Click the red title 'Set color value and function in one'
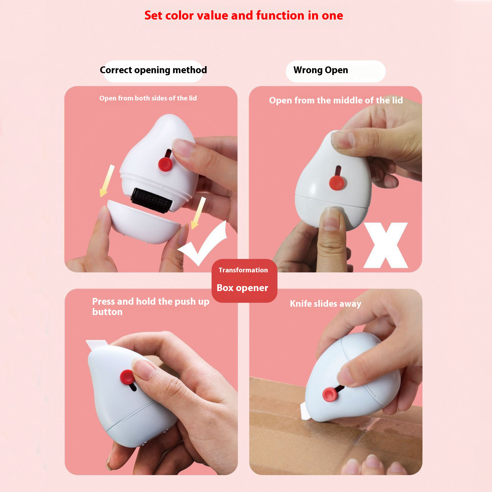click(x=243, y=15)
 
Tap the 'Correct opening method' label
click(x=153, y=70)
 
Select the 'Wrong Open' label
click(x=321, y=70)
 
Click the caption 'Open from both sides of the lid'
click(x=148, y=98)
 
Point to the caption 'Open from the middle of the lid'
click(x=336, y=100)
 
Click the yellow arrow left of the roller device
click(x=107, y=181)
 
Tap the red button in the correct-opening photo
click(x=165, y=164)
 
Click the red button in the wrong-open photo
click(x=337, y=182)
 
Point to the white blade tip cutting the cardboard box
click(x=305, y=412)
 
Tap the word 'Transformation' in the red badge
click(x=243, y=270)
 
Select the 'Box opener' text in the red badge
click(x=242, y=288)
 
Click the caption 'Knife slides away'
click(x=325, y=304)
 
